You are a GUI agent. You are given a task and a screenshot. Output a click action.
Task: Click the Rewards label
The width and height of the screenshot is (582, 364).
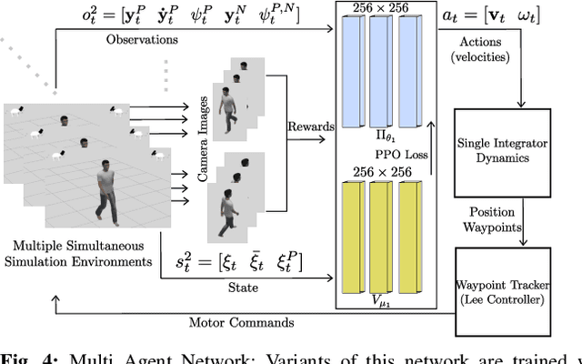coord(310,126)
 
